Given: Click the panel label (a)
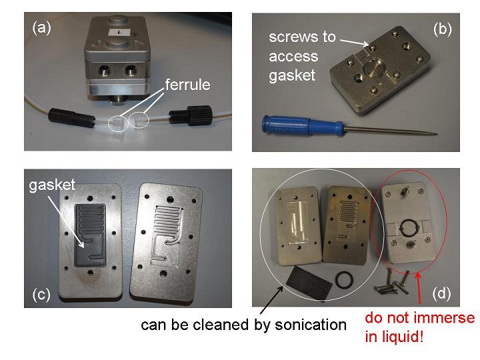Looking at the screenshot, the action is [41, 28].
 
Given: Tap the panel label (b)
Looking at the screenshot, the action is [443, 30].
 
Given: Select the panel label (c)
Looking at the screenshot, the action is [41, 295].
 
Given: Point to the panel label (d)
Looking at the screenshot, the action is [441, 293].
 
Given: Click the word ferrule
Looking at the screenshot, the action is [187, 85].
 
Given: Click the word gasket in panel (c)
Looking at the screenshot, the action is [52, 185].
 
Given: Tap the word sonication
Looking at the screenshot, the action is [311, 325].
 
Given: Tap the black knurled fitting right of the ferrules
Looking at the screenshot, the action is [191, 116].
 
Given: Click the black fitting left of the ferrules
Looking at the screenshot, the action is [71, 118].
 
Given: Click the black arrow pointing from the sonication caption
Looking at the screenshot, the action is [271, 300].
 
